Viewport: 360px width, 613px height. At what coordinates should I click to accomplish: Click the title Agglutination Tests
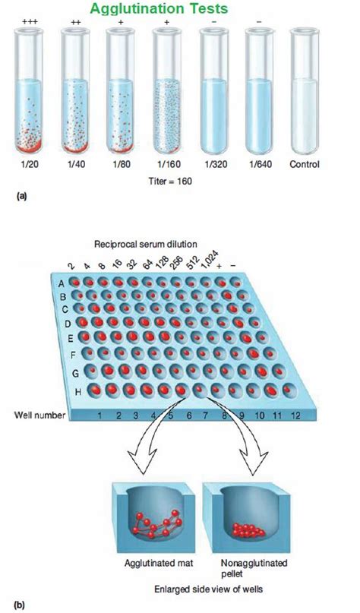click(x=176, y=9)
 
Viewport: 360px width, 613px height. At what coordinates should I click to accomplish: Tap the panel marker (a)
click(x=21, y=196)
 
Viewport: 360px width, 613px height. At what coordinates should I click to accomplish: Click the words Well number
click(x=36, y=416)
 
